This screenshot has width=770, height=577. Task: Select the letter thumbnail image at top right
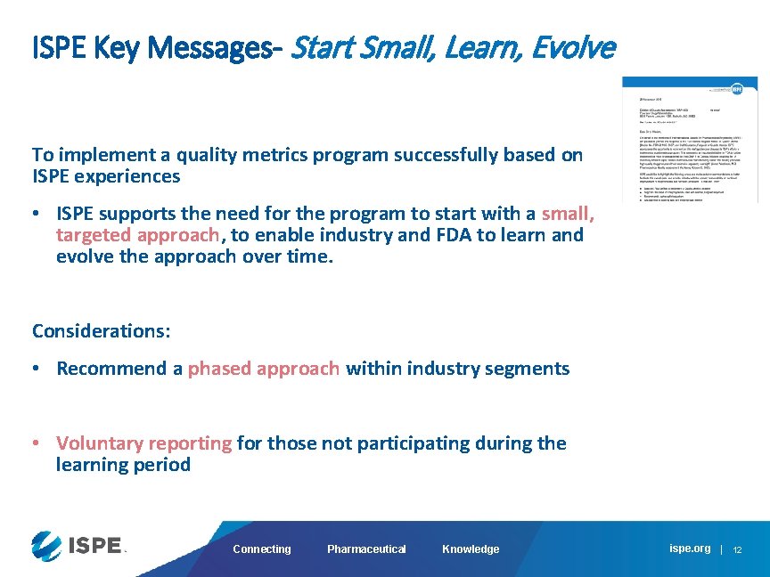pos(690,139)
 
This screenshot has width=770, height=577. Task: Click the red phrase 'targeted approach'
pos(137,235)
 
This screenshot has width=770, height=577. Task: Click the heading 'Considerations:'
pos(102,331)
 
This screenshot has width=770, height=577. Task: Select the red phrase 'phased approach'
pos(264,369)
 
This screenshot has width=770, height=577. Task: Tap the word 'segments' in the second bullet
pos(530,369)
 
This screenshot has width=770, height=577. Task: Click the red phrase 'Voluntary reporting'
pos(143,443)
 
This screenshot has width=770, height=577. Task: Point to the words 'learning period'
pos(123,465)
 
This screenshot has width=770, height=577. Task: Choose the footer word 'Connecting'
pos(261,549)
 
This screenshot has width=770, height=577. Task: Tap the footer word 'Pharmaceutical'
pos(366,549)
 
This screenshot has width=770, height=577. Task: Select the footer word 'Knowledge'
pos(471,549)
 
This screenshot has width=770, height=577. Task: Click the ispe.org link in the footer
pos(690,549)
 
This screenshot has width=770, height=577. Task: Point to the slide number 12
pos(737,550)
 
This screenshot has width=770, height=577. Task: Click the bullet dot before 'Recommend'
pos(37,369)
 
